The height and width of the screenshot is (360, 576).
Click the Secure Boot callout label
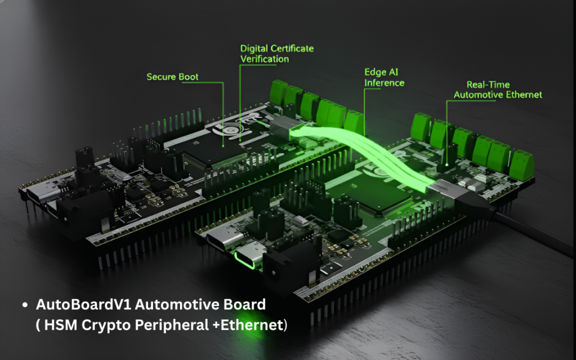(x=172, y=76)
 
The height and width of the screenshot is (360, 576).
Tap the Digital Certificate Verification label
(x=277, y=53)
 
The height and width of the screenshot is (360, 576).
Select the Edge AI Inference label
(x=384, y=78)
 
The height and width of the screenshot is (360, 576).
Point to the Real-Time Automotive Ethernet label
(x=498, y=90)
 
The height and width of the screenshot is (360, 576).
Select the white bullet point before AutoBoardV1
(x=25, y=304)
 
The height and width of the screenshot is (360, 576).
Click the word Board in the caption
(x=244, y=304)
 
